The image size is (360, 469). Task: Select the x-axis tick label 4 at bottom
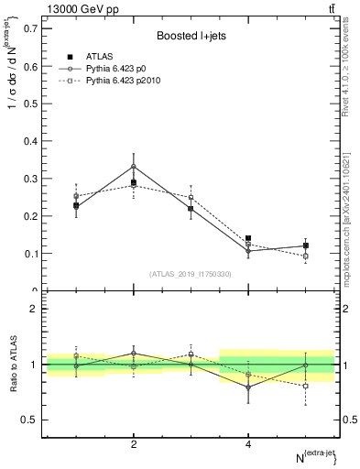248,444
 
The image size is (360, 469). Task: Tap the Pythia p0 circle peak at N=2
134,167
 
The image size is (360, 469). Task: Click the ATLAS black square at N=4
248,238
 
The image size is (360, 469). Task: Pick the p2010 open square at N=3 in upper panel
191,197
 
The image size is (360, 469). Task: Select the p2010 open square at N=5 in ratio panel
305,387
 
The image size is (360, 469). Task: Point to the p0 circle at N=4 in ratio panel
248,387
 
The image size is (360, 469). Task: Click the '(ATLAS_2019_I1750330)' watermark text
191,274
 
